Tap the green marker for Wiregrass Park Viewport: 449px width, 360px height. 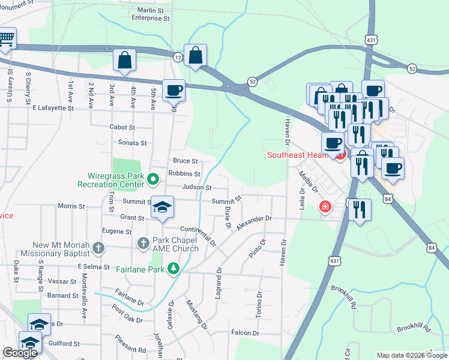[153, 178]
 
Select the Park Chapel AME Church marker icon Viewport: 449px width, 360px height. [143, 243]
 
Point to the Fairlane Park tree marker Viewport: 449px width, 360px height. [173, 268]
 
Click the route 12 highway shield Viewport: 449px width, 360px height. [178, 56]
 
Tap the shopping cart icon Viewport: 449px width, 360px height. [6, 40]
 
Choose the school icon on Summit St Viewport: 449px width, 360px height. [162, 207]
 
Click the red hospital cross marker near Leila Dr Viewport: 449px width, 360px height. [325, 206]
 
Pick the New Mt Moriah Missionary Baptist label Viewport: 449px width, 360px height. [61, 249]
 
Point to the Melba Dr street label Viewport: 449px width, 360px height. [309, 181]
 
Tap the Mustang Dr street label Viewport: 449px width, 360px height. [196, 315]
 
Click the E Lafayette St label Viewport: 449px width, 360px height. [53, 109]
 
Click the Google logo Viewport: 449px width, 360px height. [19, 353]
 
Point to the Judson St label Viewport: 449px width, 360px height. [197, 187]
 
